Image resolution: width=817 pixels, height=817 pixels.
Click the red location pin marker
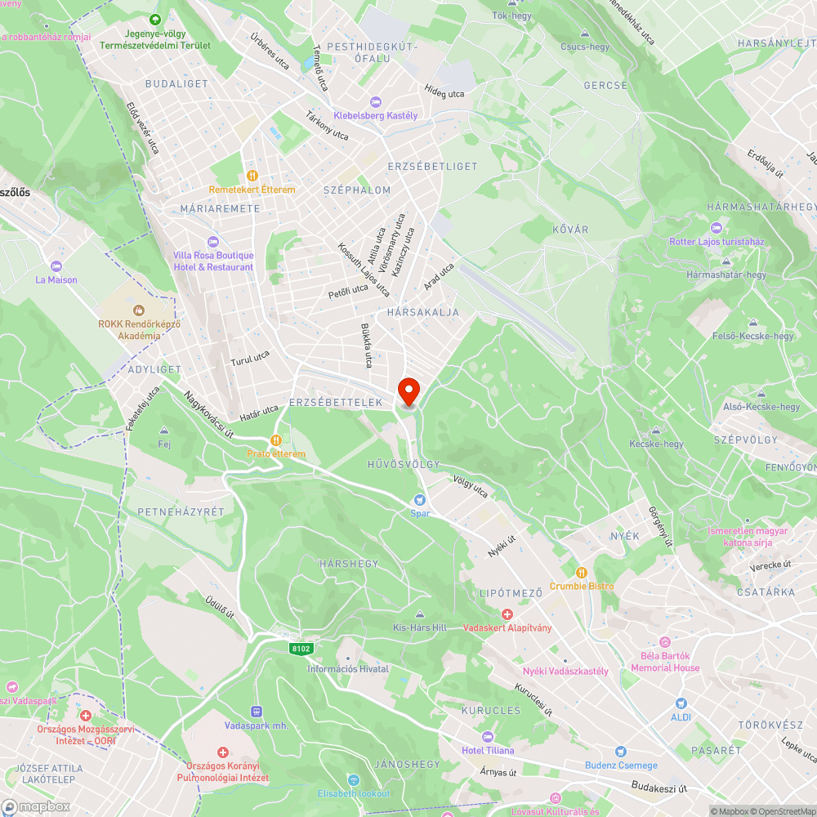[x=408, y=390]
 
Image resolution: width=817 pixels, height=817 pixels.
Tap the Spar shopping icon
[x=420, y=499]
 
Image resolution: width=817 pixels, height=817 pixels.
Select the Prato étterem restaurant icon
[x=276, y=440]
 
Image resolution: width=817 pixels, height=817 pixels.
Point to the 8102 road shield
[x=301, y=648]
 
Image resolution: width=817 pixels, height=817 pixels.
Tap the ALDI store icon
[x=681, y=703]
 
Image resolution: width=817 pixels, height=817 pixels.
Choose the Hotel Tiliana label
[x=488, y=750]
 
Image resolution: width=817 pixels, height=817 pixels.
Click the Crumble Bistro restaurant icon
[x=582, y=572]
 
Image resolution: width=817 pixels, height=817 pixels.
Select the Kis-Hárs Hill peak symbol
[x=420, y=614]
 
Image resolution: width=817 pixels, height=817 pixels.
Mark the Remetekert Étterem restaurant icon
[x=252, y=175]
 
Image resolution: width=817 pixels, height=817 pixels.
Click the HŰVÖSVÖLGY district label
[x=404, y=464]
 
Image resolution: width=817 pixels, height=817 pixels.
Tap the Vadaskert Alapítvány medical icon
[x=507, y=614]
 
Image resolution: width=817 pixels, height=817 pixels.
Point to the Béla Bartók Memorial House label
[x=665, y=662]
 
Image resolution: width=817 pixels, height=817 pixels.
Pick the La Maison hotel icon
[x=56, y=266]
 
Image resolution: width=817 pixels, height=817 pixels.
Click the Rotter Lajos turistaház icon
[x=717, y=228]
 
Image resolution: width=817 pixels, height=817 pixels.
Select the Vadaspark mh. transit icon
[x=257, y=712]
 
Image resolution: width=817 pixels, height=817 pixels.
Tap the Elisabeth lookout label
[x=354, y=793]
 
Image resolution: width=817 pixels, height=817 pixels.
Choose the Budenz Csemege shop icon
[x=620, y=752]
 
